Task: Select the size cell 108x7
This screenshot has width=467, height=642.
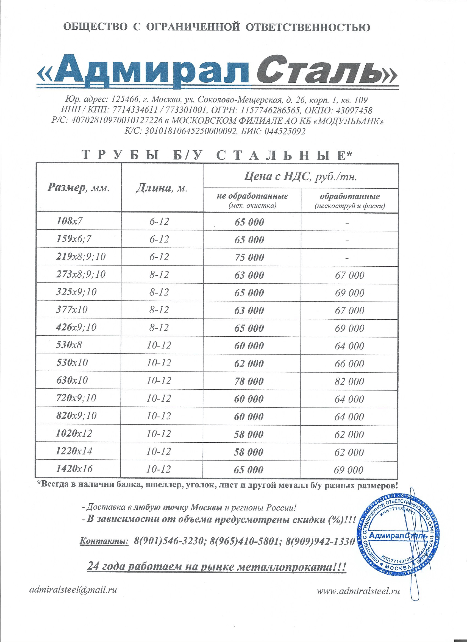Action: point(70,221)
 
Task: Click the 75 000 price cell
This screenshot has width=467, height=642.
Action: point(249,257)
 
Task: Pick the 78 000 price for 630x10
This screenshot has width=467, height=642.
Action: point(249,381)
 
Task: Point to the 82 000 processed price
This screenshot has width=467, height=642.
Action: point(349,382)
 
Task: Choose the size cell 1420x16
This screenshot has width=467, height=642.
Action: point(74,469)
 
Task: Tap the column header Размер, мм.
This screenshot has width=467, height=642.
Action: point(79,188)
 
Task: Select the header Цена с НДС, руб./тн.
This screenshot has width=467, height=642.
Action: point(301,177)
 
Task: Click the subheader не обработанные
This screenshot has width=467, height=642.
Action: point(252,196)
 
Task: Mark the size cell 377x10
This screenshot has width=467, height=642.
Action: point(72,309)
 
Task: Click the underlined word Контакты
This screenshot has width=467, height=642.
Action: point(104,541)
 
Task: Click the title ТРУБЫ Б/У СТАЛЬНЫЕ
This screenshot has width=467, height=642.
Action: point(217,155)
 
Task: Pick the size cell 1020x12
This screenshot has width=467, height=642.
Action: point(74,433)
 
